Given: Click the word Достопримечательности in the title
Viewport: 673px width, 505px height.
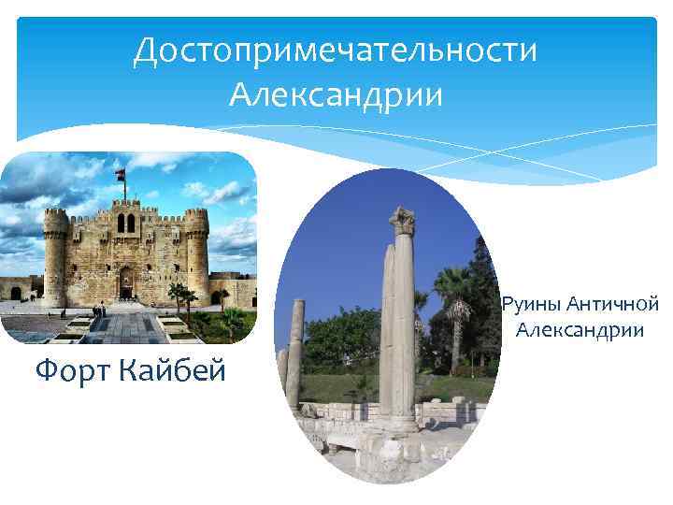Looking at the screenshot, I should (336, 51).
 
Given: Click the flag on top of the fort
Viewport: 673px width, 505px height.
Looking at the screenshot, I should (120, 175).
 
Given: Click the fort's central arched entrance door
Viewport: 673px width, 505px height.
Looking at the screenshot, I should (125, 281).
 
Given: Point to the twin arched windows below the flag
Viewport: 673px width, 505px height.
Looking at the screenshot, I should (124, 224).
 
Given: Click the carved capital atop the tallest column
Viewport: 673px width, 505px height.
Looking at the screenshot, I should (403, 222).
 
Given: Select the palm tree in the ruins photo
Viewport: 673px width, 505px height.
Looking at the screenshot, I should (454, 299).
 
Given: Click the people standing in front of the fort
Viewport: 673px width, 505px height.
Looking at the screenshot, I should (98, 310).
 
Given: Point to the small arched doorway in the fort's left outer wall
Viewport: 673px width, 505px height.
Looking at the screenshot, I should (16, 294).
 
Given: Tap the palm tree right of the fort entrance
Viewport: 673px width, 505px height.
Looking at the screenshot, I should (178, 295).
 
